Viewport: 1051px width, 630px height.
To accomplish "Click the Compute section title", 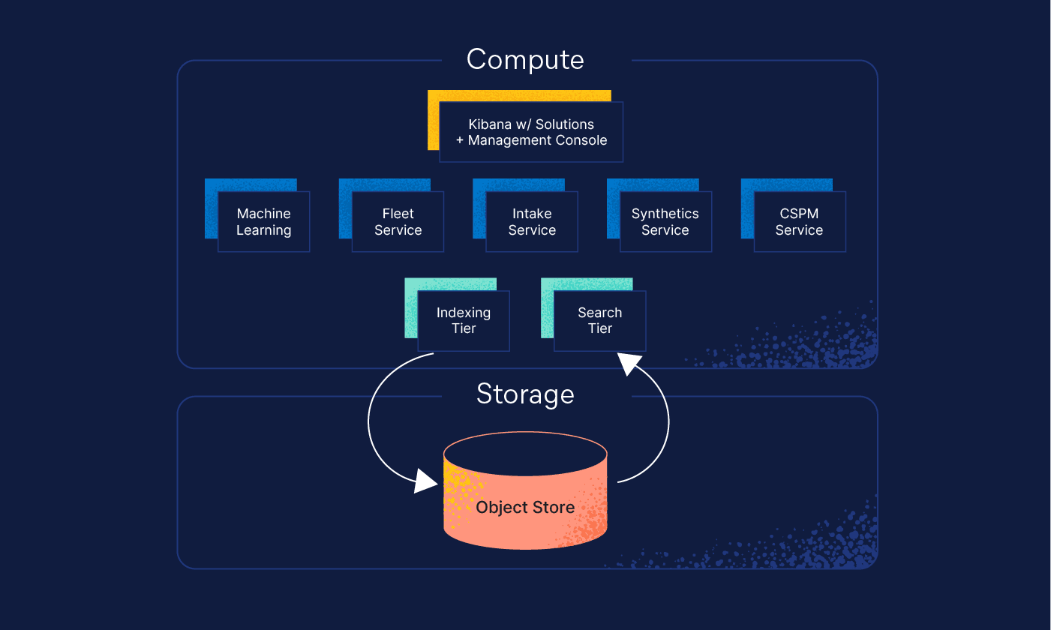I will (525, 60).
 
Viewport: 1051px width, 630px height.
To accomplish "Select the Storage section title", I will (525, 394).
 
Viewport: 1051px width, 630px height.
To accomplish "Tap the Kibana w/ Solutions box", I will (531, 132).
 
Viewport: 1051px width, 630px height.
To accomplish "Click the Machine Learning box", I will (263, 222).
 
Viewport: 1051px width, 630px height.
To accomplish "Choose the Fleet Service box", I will (398, 222).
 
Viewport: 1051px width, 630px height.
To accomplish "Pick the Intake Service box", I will (532, 222).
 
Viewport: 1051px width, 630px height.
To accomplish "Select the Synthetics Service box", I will (665, 222).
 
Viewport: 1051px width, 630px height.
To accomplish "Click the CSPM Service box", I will (799, 222).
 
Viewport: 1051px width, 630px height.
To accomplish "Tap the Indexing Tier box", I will (464, 321).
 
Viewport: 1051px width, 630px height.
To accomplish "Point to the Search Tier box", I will (599, 321).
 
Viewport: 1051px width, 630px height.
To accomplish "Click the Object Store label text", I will (525, 508).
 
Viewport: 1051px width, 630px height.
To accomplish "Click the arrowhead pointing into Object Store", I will (426, 481).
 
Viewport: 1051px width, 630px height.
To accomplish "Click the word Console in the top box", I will (579, 140).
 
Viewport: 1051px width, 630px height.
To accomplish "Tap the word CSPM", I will (799, 214).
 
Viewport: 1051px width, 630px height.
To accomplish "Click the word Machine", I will (263, 214).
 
